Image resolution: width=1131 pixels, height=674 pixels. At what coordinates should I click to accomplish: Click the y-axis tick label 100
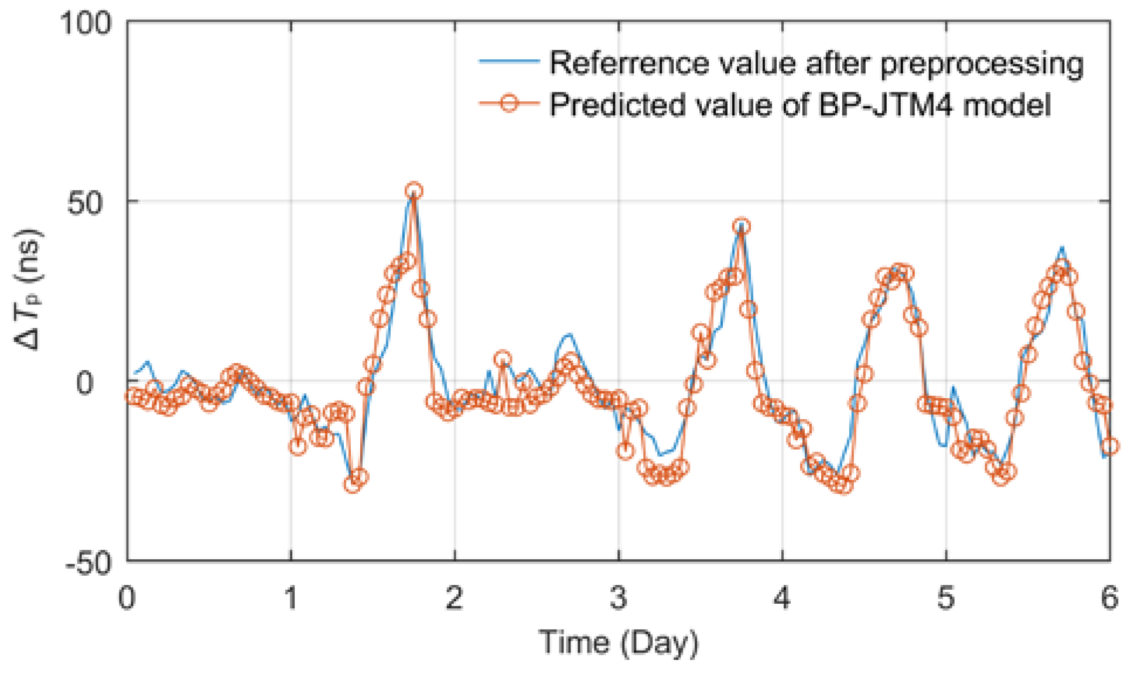point(86,25)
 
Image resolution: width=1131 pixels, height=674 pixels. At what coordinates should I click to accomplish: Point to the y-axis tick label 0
point(86,384)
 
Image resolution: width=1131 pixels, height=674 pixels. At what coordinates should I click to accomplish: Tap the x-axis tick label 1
point(291,598)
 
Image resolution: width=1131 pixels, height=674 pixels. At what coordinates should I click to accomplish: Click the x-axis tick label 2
point(455,598)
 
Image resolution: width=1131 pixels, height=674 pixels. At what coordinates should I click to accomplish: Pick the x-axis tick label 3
point(619,598)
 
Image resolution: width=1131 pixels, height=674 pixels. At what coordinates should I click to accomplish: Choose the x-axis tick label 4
point(782,598)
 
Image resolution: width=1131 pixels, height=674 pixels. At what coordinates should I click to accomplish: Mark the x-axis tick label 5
point(946,598)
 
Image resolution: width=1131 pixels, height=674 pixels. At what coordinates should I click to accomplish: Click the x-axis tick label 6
point(1109,598)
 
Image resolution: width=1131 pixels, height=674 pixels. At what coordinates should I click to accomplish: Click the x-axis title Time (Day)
point(619,643)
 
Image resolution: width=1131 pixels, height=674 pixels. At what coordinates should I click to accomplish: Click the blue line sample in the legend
point(508,61)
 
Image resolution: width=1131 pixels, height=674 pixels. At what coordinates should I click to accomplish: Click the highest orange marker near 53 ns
point(414,191)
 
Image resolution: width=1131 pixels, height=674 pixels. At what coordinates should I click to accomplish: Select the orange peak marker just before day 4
point(742,226)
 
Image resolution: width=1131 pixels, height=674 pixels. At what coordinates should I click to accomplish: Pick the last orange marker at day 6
point(1109,446)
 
